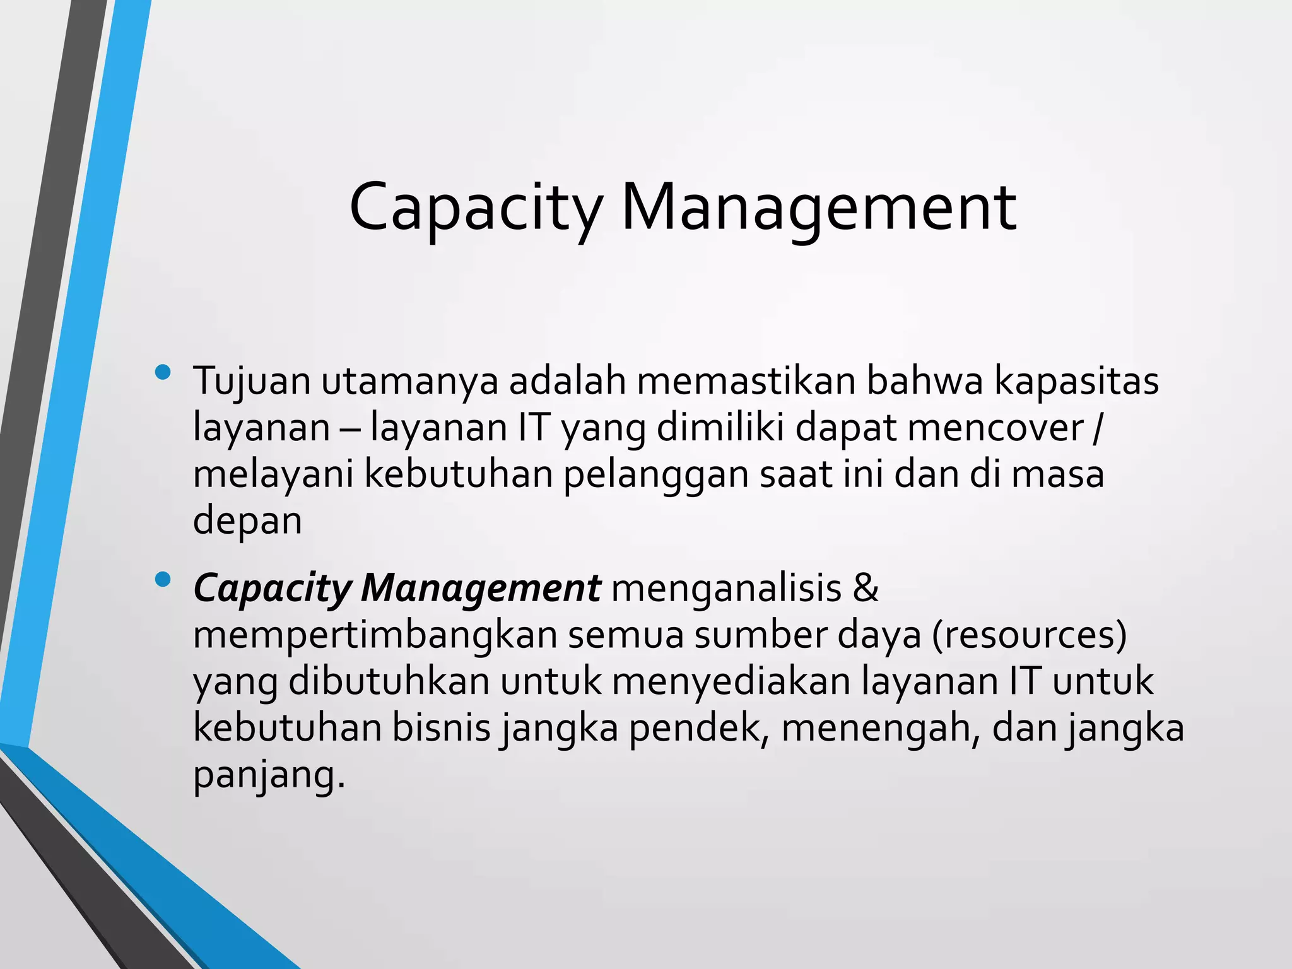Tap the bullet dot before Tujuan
(162, 372)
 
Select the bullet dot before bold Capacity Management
(162, 579)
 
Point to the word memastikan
(746, 381)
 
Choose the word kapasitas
(1076, 382)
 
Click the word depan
(247, 522)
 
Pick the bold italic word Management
(481, 589)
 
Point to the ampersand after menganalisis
(865, 588)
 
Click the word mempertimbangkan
(375, 636)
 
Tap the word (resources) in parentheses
(1029, 635)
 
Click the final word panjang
(269, 776)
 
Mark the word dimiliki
(720, 428)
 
